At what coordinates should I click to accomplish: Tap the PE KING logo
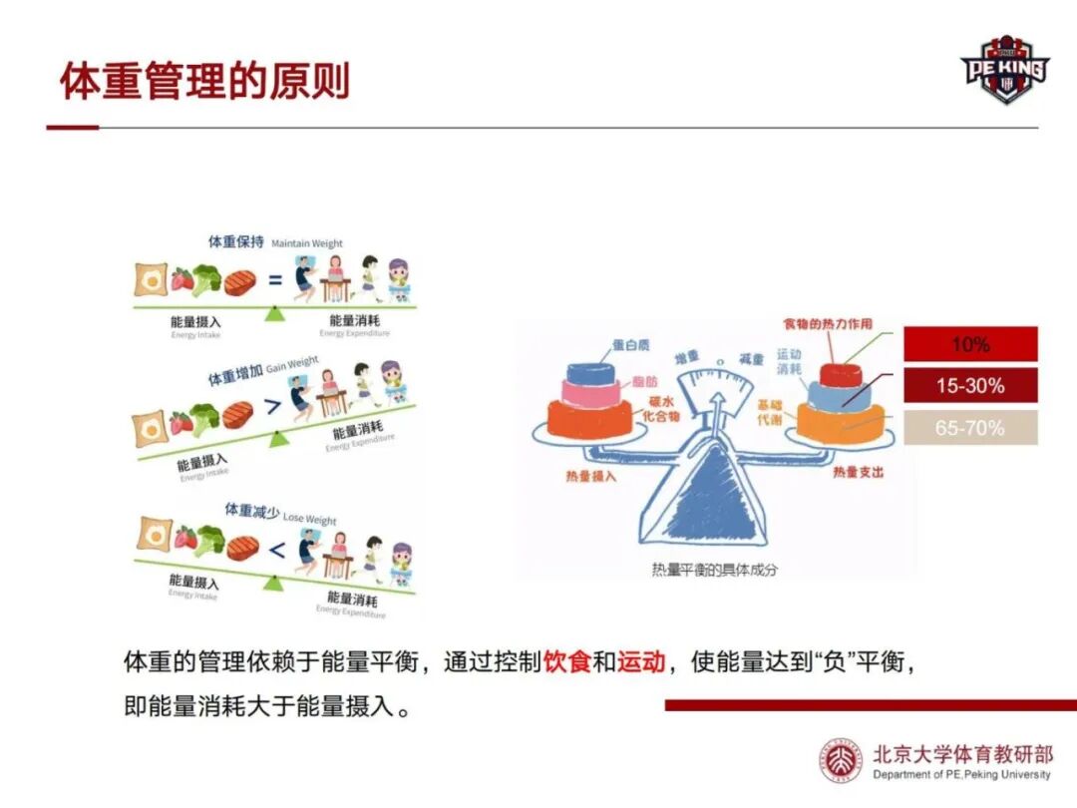pos(1004,69)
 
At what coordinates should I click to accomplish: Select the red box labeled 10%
pos(970,344)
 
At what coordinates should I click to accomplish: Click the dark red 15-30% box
pos(970,385)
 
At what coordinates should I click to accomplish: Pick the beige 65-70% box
pos(970,428)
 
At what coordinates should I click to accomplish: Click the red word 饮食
pos(567,661)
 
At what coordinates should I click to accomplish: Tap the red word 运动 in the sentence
pos(640,661)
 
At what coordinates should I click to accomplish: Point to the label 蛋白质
pos(630,345)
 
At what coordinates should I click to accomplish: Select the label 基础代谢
pos(769,414)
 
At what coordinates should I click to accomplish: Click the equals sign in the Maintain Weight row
pos(275,280)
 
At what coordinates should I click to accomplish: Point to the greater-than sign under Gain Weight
pos(269,408)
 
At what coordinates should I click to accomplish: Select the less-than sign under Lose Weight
pos(277,548)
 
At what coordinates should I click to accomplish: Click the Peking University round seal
pos(840,761)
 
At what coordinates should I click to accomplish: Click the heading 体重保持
pos(235,242)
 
